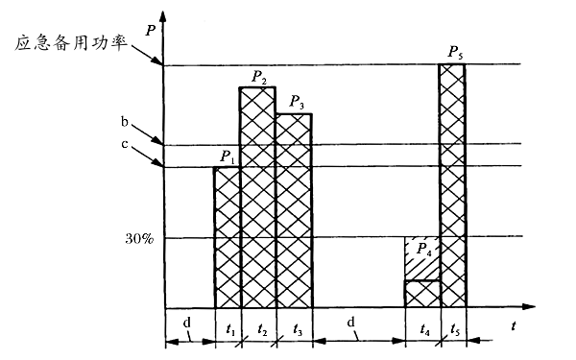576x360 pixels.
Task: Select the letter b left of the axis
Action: coord(126,124)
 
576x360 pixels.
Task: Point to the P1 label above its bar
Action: coord(227,156)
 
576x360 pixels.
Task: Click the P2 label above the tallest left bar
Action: coord(258,75)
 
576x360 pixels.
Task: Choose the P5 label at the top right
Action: coord(454,51)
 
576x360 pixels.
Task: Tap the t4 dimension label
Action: coord(425,327)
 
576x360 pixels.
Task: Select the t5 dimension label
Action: coord(454,327)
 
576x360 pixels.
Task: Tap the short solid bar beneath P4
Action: coord(421,294)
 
